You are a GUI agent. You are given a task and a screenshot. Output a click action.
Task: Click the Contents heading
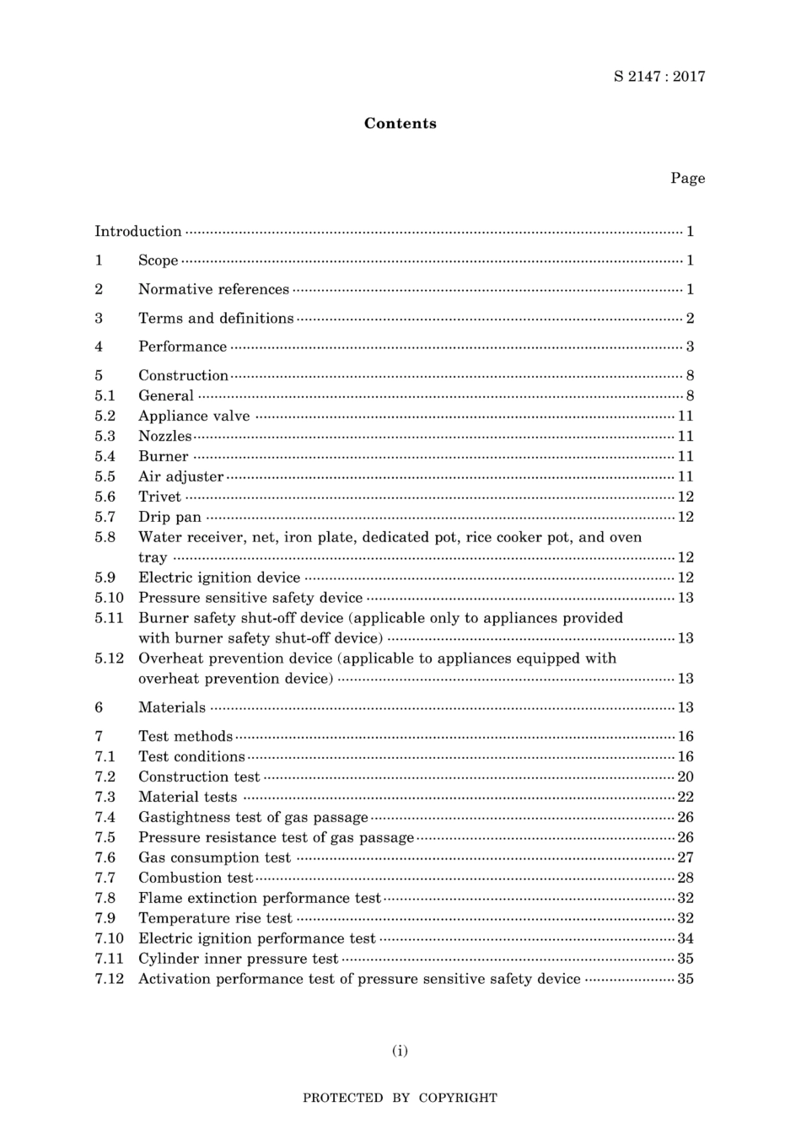click(400, 124)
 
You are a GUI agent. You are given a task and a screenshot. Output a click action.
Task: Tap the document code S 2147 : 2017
click(659, 77)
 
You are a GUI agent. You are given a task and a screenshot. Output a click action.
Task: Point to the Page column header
click(687, 179)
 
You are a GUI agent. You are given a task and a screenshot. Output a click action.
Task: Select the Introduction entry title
click(137, 232)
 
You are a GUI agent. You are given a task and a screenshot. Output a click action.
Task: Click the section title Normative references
click(213, 290)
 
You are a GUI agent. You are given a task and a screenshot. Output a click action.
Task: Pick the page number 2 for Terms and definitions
click(690, 319)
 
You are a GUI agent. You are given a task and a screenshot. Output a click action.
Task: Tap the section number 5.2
click(105, 417)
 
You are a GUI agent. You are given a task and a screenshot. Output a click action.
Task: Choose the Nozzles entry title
click(164, 437)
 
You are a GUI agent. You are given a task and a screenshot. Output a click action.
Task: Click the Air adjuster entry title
click(180, 477)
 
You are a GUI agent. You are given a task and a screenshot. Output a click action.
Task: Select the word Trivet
click(159, 497)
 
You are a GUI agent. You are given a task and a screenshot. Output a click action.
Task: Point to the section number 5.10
click(109, 599)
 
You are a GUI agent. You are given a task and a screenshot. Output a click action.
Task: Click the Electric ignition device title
click(219, 578)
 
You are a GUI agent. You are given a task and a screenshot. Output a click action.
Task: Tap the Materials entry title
click(172, 708)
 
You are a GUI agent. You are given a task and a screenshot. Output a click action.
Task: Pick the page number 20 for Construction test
click(685, 777)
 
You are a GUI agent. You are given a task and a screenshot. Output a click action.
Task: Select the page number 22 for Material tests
click(685, 798)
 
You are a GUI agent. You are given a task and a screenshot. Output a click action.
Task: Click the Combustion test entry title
click(195, 879)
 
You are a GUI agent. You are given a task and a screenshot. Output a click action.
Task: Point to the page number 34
click(685, 939)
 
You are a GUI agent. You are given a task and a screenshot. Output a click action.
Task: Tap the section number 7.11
click(109, 959)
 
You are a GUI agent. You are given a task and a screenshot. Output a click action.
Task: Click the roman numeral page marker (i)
click(400, 1051)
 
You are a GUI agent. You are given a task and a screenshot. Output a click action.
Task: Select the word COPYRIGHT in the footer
click(458, 1099)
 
